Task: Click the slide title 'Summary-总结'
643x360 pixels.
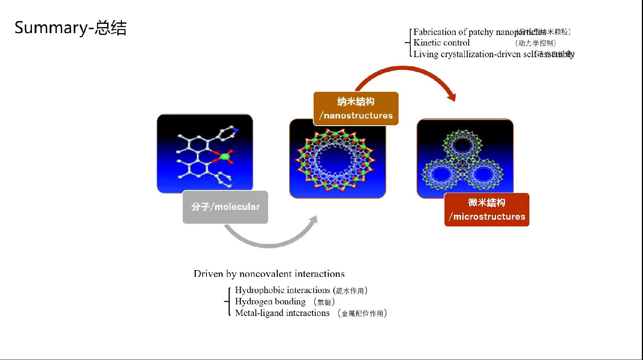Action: [x=71, y=28]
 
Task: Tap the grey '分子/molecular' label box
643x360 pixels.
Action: [x=225, y=207]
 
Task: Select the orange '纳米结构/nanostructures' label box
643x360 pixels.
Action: [x=356, y=108]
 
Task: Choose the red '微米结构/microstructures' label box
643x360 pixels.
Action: [x=487, y=210]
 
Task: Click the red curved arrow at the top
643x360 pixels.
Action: [x=404, y=70]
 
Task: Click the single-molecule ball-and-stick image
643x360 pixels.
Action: [x=205, y=153]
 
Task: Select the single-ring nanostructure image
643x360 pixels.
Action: [x=337, y=160]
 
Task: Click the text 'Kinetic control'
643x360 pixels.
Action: [x=441, y=43]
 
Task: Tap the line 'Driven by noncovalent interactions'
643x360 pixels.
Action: [x=269, y=274]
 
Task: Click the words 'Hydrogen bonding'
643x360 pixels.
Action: [x=270, y=302]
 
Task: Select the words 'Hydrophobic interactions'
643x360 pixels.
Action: [x=282, y=290]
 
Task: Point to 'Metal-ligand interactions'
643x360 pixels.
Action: [x=282, y=313]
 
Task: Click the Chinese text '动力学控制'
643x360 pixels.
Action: [x=535, y=43]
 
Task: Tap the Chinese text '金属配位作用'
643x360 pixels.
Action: [x=362, y=313]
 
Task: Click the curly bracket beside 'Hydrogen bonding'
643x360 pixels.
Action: [x=227, y=301]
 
